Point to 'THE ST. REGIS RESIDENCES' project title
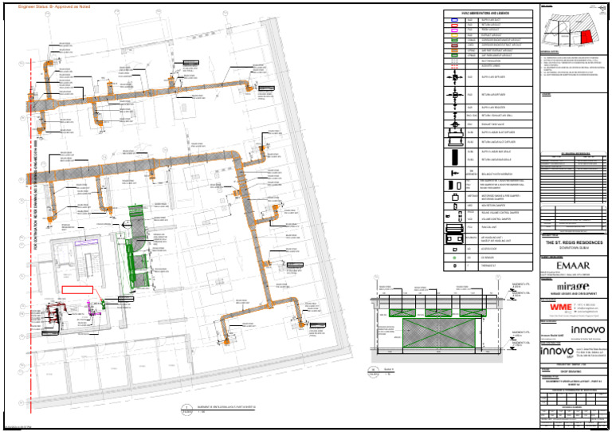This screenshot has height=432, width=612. [572, 242]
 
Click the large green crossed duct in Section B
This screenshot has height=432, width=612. [437, 337]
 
